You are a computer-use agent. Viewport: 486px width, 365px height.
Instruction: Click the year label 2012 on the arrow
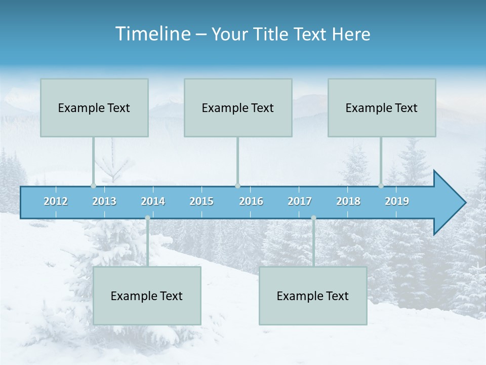click(x=56, y=201)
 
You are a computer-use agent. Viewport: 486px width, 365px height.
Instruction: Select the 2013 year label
click(x=104, y=201)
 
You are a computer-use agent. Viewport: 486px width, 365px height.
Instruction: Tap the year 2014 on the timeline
click(x=153, y=201)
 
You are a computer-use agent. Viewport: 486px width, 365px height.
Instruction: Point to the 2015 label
click(x=201, y=201)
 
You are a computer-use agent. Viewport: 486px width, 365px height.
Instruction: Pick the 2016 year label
click(x=251, y=201)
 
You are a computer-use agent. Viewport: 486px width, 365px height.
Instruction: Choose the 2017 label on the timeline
click(x=300, y=201)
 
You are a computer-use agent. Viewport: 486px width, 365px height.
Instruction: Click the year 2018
click(x=348, y=201)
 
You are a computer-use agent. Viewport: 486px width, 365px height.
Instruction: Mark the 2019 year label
click(x=397, y=201)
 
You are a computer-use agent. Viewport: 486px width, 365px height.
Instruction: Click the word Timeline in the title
click(x=152, y=34)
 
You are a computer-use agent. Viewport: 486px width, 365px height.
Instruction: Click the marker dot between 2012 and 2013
click(x=93, y=186)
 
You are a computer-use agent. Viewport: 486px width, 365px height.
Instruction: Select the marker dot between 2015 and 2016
click(x=237, y=186)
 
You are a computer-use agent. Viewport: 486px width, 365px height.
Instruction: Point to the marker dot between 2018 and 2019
click(x=381, y=186)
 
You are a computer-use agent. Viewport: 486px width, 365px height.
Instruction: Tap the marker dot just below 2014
click(x=147, y=218)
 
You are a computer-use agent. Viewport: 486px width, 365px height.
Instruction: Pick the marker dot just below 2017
click(x=313, y=218)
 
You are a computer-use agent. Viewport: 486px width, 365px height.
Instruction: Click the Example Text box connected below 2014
click(x=147, y=296)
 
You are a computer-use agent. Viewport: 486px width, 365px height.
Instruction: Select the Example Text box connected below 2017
click(x=313, y=296)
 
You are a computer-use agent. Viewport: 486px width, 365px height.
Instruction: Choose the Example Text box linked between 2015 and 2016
click(x=238, y=107)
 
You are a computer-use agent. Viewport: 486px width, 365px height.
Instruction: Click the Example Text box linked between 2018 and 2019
click(x=382, y=107)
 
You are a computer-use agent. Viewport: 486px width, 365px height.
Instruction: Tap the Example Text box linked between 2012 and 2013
click(x=94, y=107)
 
